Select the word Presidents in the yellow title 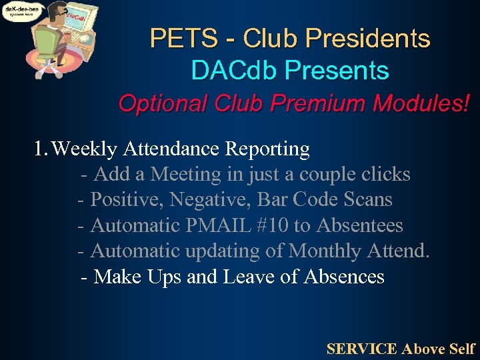tap(364, 39)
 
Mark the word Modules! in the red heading tap(420, 103)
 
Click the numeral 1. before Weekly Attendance tap(41, 149)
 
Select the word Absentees tap(359, 225)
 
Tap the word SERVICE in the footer tap(361, 349)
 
